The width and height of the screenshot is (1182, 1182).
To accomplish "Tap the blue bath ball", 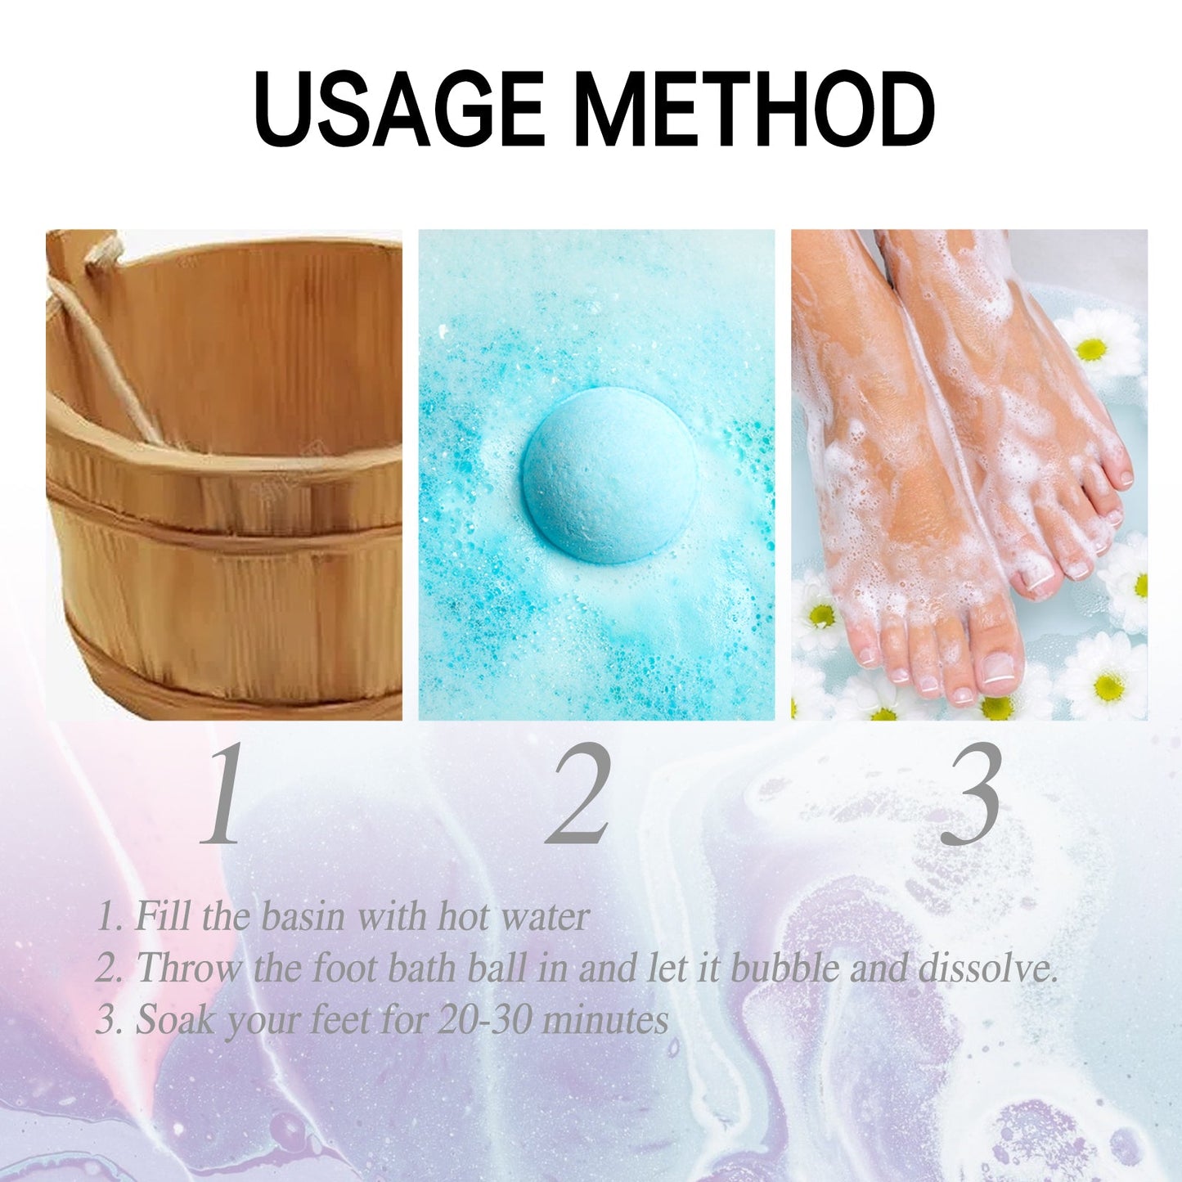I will coord(609,475).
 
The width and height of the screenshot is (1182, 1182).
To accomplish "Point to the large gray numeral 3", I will coord(971,793).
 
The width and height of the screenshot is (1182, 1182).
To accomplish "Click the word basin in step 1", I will coord(303,915).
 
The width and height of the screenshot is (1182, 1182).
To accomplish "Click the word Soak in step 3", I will coord(174,1020).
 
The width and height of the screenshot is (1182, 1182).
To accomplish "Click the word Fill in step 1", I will coord(162,915).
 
